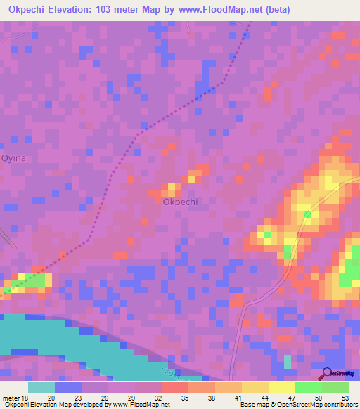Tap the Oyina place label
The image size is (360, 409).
[x=13, y=158]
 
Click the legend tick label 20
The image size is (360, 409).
[x=51, y=397]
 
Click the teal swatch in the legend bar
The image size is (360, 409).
[x=41, y=387]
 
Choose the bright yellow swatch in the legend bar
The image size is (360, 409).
[x=281, y=387]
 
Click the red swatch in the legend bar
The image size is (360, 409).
[x=174, y=387]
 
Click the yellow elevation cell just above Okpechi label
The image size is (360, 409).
[x=171, y=188]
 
